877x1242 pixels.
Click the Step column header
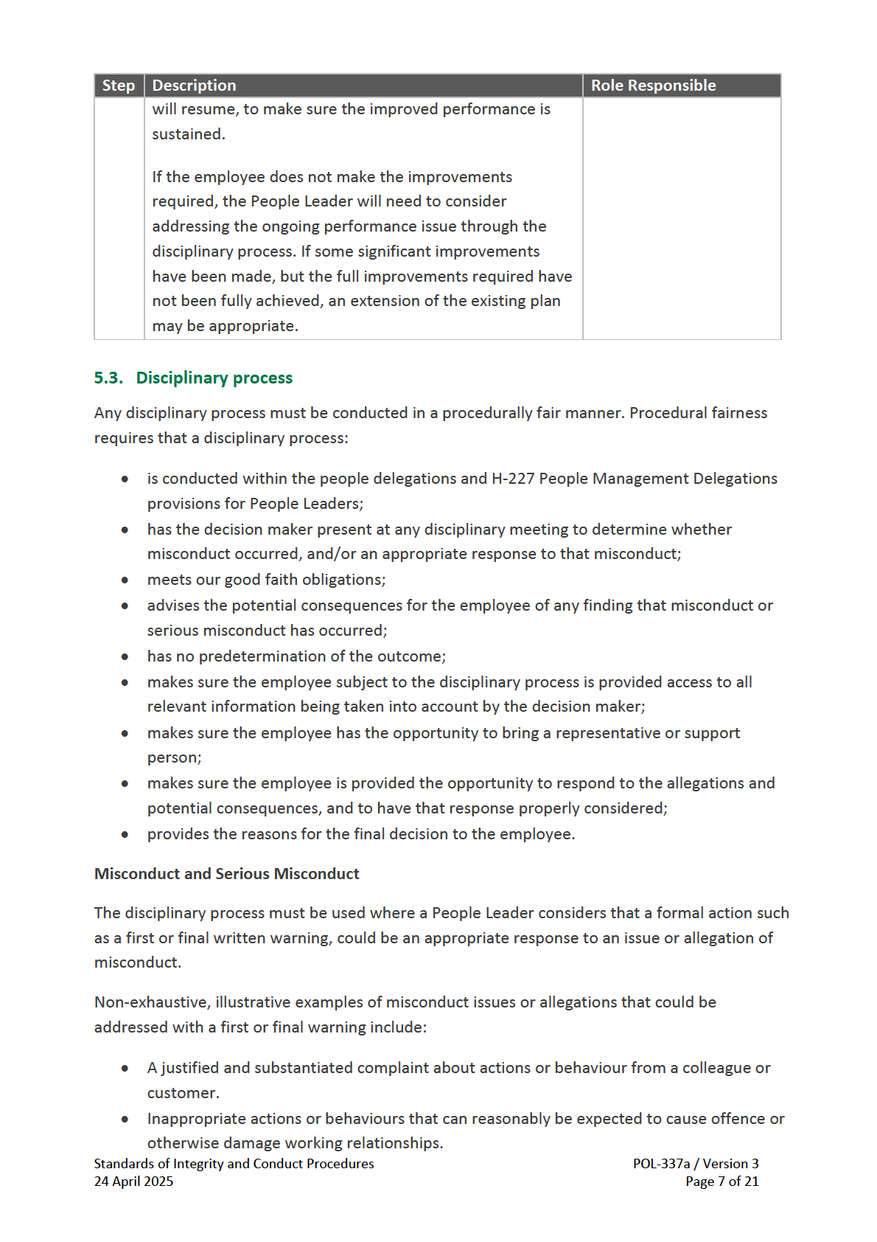[118, 86]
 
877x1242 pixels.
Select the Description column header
[194, 86]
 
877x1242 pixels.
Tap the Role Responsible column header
[653, 86]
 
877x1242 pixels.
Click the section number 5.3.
[108, 378]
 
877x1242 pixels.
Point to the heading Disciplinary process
[214, 378]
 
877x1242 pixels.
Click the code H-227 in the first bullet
[513, 479]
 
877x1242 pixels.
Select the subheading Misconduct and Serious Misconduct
[226, 874]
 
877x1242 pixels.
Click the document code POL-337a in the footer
[661, 1164]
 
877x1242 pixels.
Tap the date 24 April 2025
[133, 1182]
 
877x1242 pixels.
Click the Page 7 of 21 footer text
[721, 1182]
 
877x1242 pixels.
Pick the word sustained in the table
[187, 134]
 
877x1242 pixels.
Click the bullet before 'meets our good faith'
[125, 580]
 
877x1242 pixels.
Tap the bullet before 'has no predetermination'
[125, 656]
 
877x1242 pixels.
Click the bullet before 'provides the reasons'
[125, 835]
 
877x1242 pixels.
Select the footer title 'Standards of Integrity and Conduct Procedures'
[234, 1164]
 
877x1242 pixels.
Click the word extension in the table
[385, 301]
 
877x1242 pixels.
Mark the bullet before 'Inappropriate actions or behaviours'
[125, 1120]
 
